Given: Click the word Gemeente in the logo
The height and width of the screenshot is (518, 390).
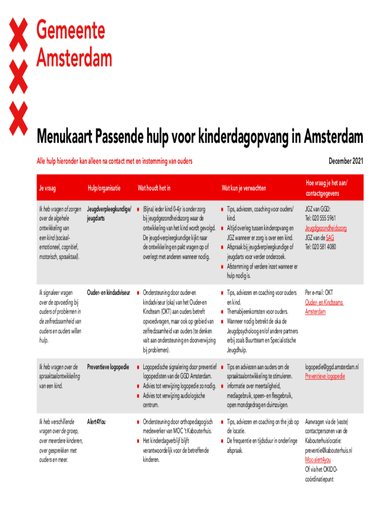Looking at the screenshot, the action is [70, 31].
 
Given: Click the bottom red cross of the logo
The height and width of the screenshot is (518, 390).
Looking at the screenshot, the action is [19, 116].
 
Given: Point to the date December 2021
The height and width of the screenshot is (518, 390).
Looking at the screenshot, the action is [345, 161].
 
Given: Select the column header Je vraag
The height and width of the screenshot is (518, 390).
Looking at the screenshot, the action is [47, 188].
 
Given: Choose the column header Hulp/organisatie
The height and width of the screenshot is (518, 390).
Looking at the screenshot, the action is [104, 188].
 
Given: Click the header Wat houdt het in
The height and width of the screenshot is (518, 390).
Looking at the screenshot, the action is [154, 188].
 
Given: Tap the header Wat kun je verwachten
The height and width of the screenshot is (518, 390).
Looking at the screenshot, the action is [243, 188].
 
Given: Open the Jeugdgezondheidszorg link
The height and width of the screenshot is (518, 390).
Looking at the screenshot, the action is [326, 228].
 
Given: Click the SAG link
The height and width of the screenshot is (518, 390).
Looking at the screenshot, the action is [330, 237].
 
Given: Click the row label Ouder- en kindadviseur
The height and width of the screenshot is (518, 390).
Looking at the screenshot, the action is [109, 292].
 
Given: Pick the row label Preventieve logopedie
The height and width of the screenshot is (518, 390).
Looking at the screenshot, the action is [108, 366].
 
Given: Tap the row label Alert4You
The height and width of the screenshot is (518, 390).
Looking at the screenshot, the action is [96, 421].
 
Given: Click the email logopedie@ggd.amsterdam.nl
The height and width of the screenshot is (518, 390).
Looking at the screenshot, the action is [331, 366].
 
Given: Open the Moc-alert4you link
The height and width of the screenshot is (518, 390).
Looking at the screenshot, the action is [318, 460].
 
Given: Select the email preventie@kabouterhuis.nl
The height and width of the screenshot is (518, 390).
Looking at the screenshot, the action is [328, 450].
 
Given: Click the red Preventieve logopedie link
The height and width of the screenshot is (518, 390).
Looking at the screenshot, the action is [325, 376].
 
